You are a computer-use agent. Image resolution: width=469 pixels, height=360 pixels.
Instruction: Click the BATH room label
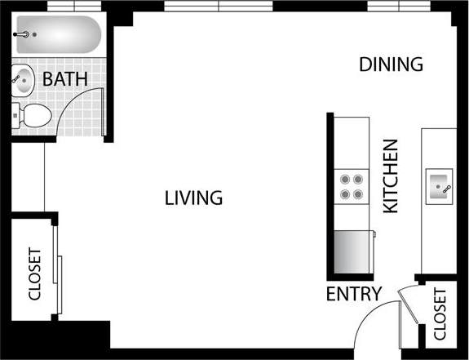65,80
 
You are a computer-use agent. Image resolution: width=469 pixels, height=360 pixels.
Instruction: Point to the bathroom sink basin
22,80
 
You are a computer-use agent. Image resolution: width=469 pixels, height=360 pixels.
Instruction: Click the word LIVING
193,198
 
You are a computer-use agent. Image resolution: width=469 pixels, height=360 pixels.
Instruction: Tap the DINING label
391,64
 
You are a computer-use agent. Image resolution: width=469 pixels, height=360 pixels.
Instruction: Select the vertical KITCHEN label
391,176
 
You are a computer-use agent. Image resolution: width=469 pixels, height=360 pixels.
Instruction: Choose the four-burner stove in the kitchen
352,187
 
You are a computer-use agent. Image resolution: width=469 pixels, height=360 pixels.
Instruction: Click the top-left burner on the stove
344,180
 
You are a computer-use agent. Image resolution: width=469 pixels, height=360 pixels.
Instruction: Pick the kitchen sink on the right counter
440,187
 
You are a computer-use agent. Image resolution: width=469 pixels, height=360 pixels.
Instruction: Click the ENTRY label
353,295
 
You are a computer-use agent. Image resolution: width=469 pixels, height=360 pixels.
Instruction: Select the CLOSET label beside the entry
440,314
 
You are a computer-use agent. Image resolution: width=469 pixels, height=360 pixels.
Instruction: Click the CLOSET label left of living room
34,274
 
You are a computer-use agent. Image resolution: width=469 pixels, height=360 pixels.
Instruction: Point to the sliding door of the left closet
58,269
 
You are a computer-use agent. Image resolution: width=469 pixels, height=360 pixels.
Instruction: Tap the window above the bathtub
69,7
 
